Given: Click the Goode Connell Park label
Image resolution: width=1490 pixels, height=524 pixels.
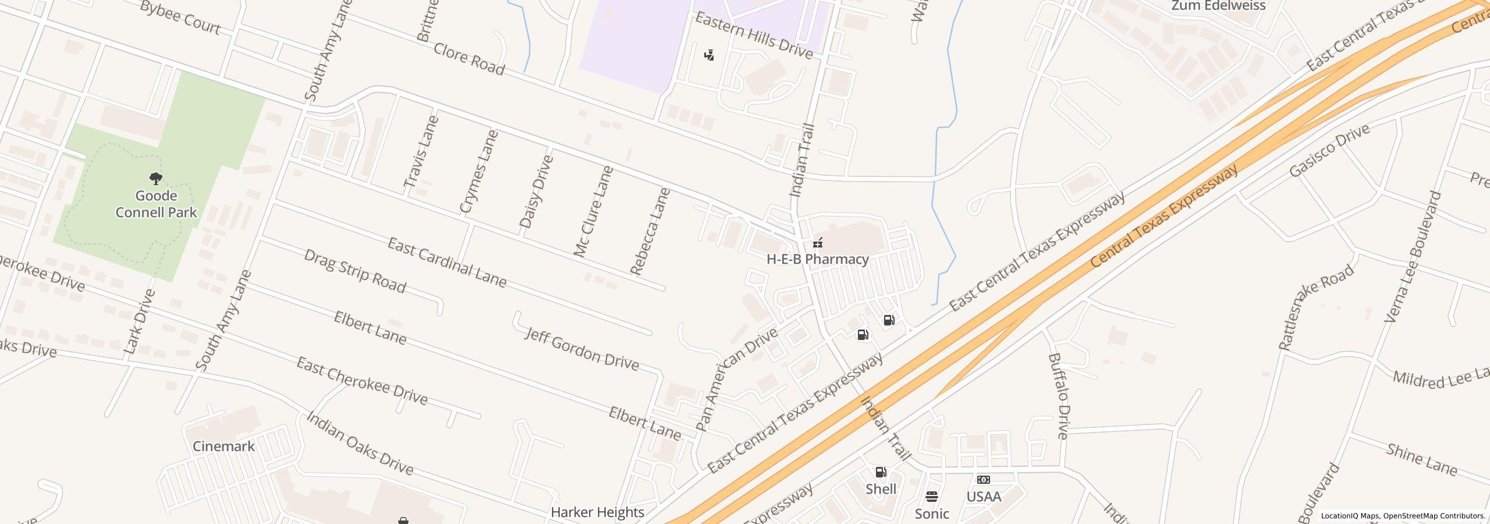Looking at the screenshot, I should click(156, 204).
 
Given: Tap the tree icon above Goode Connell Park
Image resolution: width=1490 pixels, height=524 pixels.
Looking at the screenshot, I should click(155, 178).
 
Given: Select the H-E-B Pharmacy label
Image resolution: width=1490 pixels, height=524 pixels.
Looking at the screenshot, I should click(817, 260).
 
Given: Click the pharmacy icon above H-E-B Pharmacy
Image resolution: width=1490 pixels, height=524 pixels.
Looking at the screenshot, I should click(818, 242).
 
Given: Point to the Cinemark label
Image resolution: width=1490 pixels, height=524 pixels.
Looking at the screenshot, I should click(223, 447).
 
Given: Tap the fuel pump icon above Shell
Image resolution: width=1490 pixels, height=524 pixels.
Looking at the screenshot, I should click(881, 472).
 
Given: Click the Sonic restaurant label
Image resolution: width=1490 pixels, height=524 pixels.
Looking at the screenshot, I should click(931, 514).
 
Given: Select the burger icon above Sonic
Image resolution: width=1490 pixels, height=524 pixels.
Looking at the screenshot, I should click(931, 497).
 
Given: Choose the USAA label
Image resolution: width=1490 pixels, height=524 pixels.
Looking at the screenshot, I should click(984, 497).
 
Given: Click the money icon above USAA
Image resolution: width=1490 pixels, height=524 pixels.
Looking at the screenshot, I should click(984, 480).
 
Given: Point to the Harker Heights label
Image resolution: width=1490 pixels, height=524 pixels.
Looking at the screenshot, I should click(597, 512).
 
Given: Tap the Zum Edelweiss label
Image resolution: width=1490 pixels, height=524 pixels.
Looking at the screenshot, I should click(1218, 6).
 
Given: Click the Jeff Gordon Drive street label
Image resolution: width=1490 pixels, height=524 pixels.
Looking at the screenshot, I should click(582, 349).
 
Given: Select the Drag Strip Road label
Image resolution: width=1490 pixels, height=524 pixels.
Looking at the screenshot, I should click(354, 271).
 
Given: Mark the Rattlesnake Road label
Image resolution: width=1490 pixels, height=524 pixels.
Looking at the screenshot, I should click(1315, 307).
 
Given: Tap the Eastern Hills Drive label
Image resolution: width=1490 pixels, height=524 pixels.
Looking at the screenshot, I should click(754, 36).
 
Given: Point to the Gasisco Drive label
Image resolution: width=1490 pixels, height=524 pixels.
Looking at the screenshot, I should click(1329, 151).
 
